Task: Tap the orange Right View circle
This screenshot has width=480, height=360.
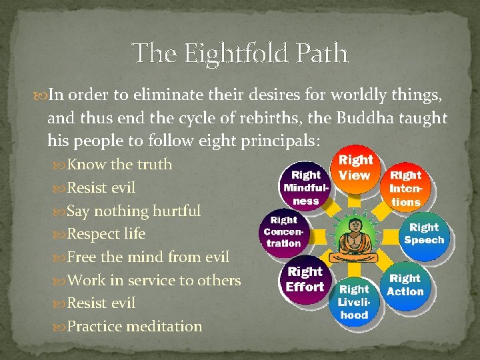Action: click(355, 168)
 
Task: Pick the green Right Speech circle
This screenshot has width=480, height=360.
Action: click(424, 234)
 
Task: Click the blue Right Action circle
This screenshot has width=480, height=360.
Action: click(405, 285)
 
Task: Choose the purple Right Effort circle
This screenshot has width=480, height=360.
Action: click(305, 280)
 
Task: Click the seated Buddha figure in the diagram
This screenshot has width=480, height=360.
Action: click(354, 237)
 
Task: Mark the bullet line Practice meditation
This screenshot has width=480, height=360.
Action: click(135, 327)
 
